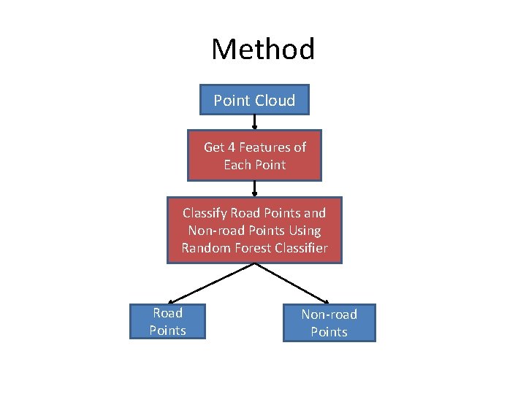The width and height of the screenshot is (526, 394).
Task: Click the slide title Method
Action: [x=263, y=50]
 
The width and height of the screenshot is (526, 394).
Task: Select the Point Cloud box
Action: [x=254, y=101]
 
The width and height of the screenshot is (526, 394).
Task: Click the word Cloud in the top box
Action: [x=275, y=101]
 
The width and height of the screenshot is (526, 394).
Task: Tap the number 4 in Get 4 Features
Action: [x=231, y=147]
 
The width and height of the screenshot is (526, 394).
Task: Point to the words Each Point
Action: [x=254, y=165]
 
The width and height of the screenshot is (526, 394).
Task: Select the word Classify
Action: [x=205, y=213]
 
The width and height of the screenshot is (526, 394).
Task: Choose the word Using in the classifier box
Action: [x=304, y=231]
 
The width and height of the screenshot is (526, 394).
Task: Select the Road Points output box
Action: [x=167, y=322]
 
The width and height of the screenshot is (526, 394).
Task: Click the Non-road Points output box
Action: [x=329, y=323]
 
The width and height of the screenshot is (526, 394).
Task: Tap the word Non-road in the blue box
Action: [x=329, y=314]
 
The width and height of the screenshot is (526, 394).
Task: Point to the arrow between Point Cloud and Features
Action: [x=254, y=123]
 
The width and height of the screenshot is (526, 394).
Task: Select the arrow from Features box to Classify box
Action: [x=254, y=189]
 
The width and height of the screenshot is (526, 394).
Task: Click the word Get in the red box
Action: [x=213, y=147]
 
